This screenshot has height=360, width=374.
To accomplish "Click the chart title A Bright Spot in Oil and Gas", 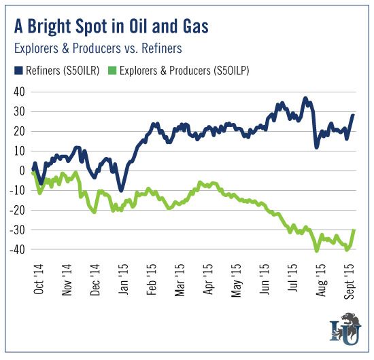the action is [112, 26].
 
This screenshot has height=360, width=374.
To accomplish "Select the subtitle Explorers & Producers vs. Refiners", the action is [98, 48].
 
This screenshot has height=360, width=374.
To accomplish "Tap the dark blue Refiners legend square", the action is [18, 71].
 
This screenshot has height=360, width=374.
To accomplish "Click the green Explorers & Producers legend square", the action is [112, 71].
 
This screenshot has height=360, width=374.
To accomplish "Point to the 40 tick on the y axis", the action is [19, 92].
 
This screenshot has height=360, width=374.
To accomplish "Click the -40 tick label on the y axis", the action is [17, 249].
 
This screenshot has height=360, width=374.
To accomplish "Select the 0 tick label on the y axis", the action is [22, 170].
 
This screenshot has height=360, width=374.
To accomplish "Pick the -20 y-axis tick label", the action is [17, 210].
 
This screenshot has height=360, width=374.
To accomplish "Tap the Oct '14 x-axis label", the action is [39, 279].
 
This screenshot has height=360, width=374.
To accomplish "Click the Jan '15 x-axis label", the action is [123, 279].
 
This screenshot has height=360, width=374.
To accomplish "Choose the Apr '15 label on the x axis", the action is [208, 279].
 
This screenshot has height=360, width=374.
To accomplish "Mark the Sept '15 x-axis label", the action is [350, 281].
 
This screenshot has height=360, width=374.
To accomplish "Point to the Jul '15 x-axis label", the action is [292, 278].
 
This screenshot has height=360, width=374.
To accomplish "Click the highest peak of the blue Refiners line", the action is [305, 98].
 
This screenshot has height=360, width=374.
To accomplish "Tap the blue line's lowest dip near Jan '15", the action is [121, 190].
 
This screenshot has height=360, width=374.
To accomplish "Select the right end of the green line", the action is [354, 230].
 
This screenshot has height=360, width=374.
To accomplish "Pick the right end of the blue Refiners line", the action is [353, 115].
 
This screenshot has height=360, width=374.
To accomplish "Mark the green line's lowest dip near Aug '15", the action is [317, 251].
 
